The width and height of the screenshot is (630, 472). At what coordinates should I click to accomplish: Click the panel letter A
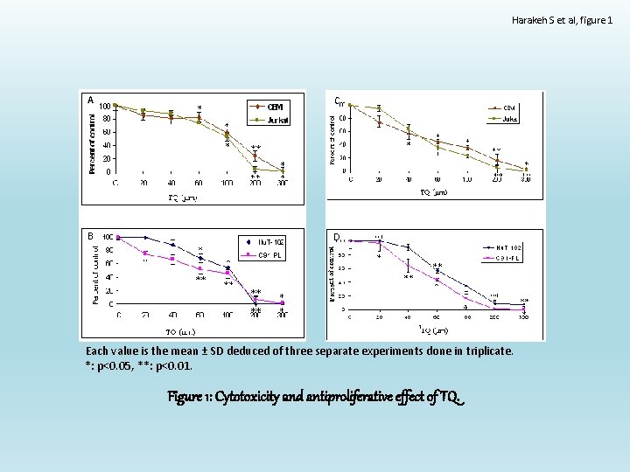click(x=90, y=100)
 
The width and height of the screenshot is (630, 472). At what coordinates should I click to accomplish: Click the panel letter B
click(x=90, y=235)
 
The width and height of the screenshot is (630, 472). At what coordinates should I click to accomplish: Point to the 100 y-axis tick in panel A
click(x=105, y=106)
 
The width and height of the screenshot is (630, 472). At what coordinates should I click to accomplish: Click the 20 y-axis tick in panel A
click(x=107, y=159)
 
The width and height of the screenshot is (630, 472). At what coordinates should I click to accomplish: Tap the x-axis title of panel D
click(x=433, y=330)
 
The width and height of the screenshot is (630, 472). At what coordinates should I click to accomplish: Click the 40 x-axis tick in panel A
click(x=171, y=183)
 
